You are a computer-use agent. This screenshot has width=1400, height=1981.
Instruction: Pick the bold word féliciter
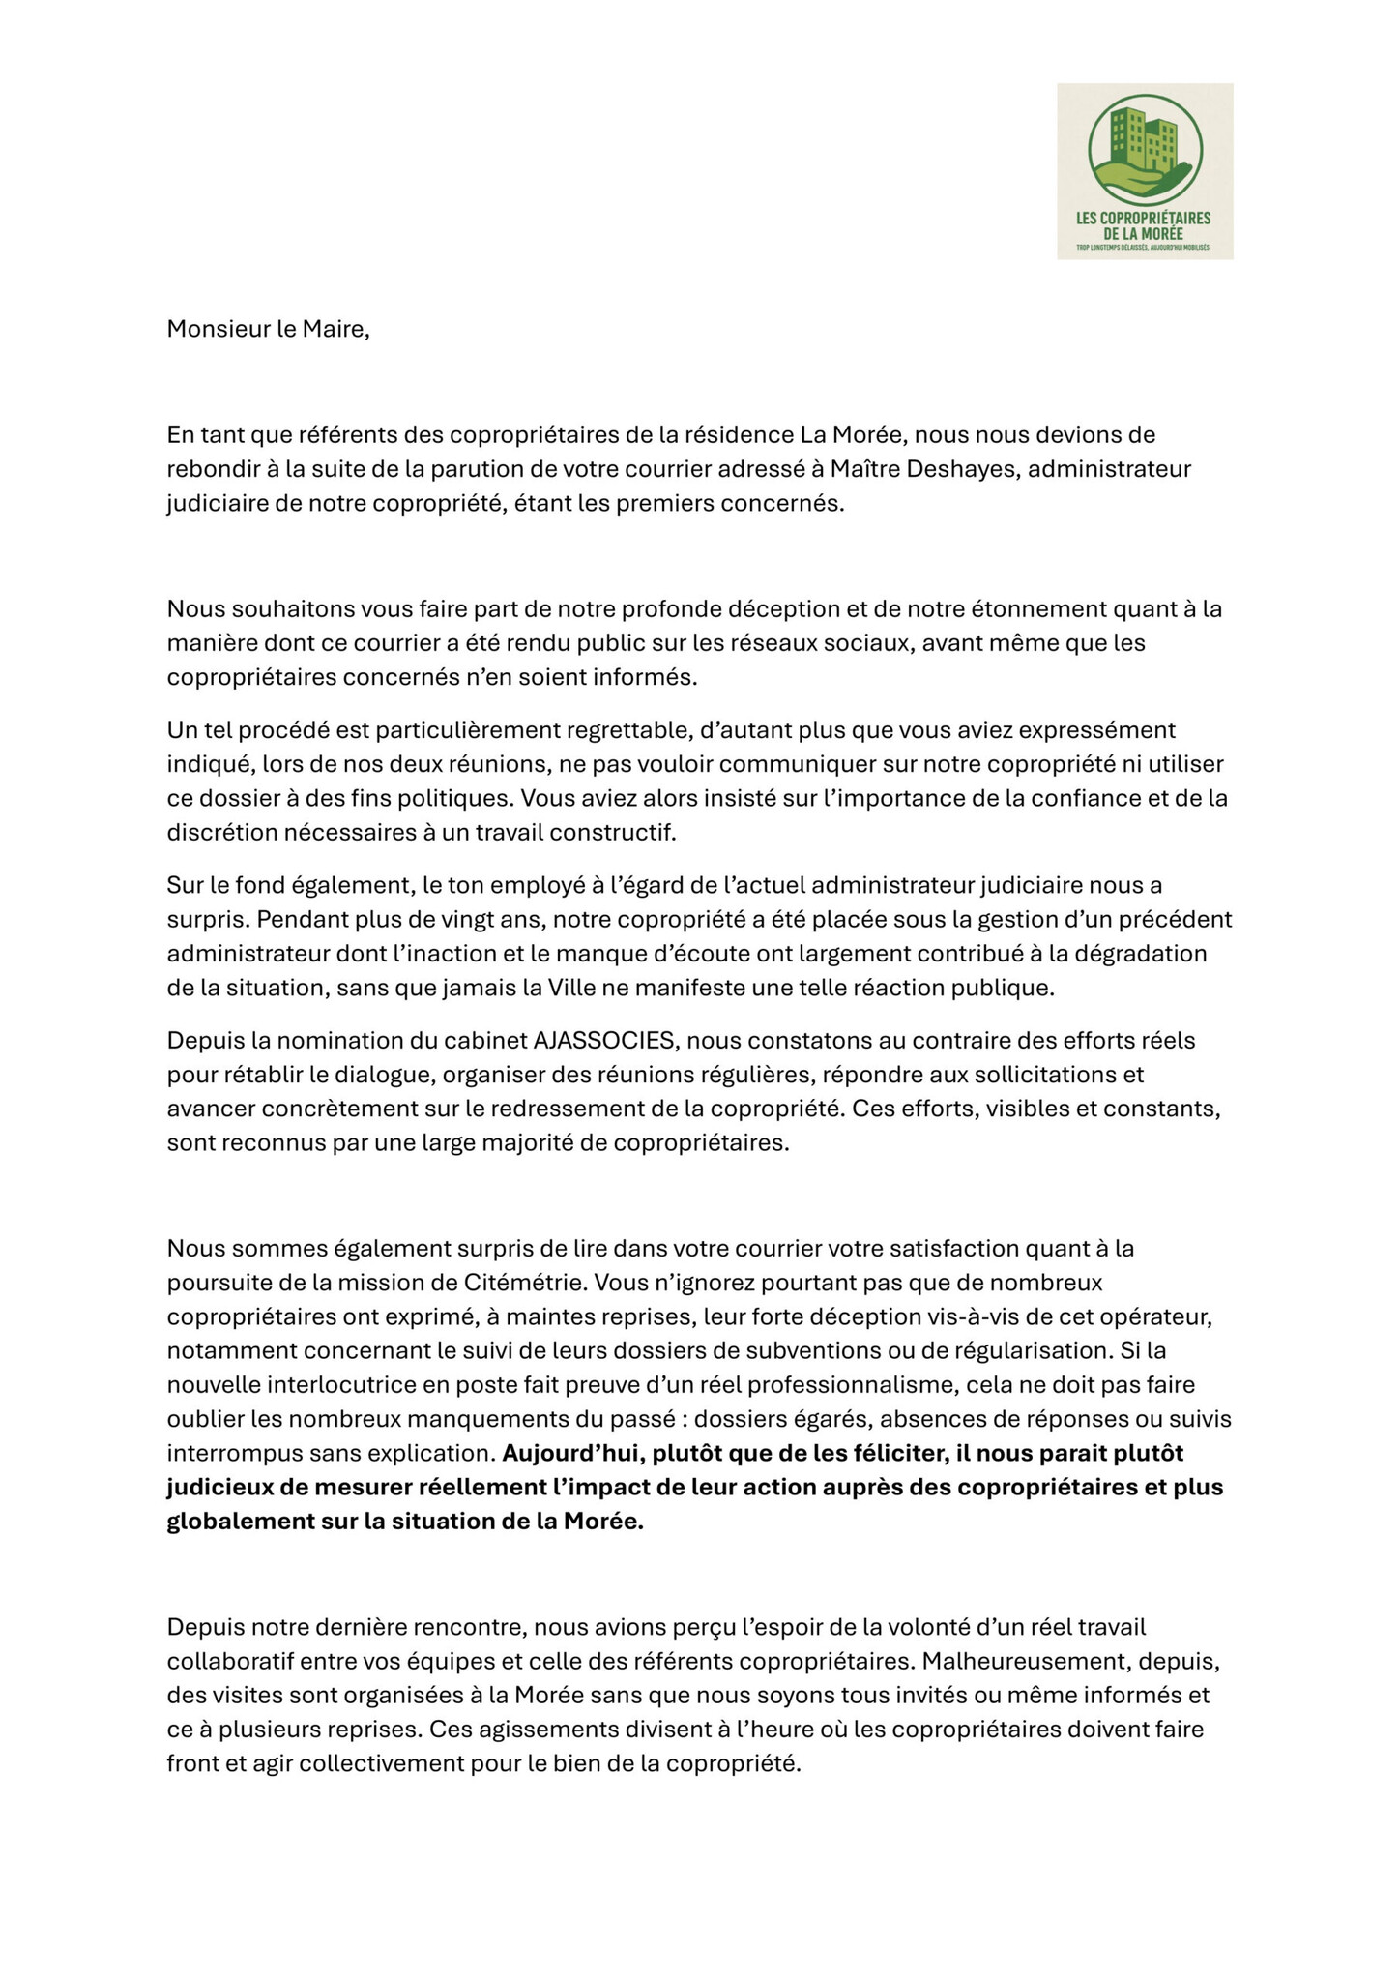894,1453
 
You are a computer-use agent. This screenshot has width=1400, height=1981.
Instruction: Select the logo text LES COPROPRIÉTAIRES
1144,219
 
